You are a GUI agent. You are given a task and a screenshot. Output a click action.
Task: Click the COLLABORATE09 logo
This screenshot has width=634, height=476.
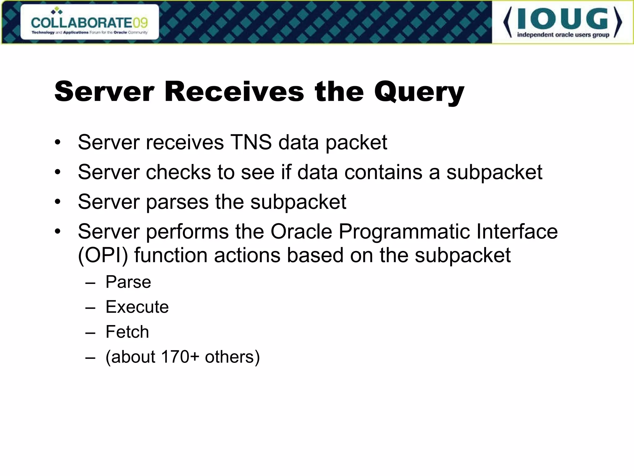pos(89,22)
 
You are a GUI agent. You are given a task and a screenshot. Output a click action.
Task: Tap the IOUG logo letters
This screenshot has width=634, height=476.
pos(562,19)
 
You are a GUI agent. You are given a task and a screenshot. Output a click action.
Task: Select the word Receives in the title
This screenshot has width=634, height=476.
pos(234,92)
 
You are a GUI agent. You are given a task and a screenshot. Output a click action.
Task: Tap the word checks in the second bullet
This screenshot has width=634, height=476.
pos(178,172)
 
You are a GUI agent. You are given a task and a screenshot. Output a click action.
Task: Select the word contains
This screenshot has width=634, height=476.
pos(383,172)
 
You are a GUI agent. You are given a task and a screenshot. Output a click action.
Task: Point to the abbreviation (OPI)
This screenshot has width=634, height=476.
pos(103,256)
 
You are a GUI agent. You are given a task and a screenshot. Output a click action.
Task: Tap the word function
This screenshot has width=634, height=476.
pos(171,255)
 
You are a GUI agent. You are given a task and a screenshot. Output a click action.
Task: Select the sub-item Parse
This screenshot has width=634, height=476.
pos(128,282)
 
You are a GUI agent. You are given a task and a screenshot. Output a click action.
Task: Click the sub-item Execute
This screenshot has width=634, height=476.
pos(137,307)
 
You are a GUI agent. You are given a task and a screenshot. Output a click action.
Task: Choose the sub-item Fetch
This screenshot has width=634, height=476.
pos(127,332)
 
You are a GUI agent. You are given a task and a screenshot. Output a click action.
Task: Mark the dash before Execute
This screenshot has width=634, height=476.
pos(90,308)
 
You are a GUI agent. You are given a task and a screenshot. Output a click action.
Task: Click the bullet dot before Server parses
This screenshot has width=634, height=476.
pos(58,202)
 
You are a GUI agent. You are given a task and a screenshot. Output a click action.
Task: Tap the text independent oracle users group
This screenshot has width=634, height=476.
pos(563,35)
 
